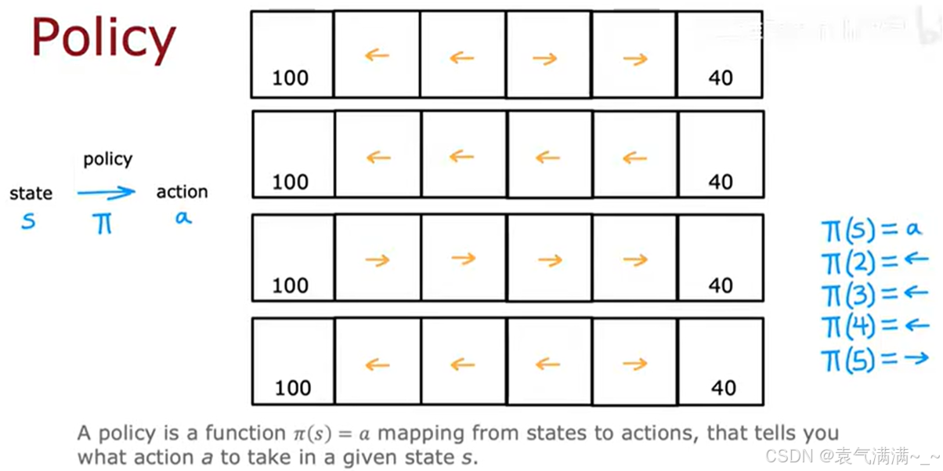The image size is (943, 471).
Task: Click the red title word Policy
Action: tap(103, 39)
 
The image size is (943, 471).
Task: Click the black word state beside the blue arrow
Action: tap(31, 193)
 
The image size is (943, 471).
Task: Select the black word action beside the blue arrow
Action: tap(182, 192)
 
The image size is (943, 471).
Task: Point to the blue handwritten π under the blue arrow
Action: tap(102, 223)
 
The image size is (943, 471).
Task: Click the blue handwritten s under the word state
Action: tap(28, 222)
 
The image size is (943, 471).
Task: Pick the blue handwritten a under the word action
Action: tap(182, 219)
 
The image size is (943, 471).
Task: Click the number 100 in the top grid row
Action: tap(290, 78)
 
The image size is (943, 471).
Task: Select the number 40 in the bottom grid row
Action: tap(723, 388)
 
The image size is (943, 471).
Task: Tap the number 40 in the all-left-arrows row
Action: tap(721, 182)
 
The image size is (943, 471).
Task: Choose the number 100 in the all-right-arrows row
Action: tap(290, 285)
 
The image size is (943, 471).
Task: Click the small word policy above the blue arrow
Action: tap(107, 159)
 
